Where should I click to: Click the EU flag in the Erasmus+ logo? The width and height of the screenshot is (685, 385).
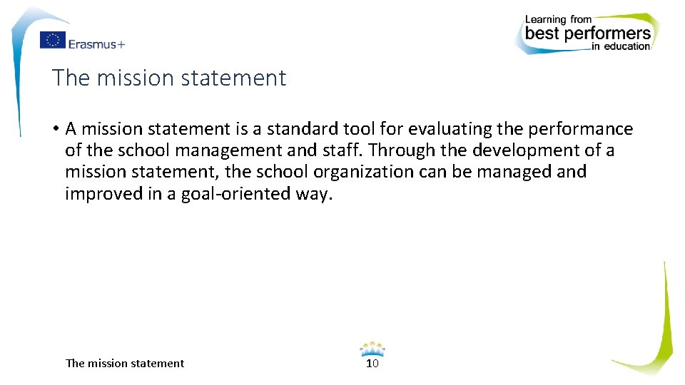[52, 41]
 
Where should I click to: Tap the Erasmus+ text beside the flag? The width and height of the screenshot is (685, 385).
[96, 43]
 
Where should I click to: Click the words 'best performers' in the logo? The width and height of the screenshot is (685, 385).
[588, 33]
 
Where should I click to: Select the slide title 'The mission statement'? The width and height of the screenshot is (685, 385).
[169, 78]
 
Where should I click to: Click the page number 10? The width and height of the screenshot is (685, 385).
[372, 364]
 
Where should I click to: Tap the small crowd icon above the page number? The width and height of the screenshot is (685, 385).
[372, 349]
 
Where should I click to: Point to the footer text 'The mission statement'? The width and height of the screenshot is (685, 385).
[125, 364]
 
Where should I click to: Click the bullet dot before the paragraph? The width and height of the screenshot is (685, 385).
[54, 130]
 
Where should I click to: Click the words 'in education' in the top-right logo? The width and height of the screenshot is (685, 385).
[621, 47]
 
